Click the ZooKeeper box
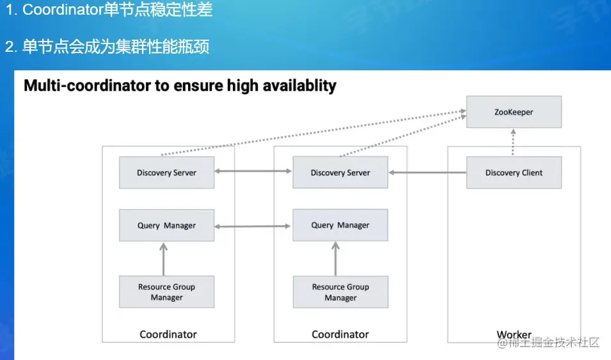[x=514, y=112]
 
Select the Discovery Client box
[x=514, y=173]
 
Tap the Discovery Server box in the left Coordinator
[x=166, y=173]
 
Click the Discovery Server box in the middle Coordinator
[x=340, y=173]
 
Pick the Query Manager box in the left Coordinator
[x=166, y=225]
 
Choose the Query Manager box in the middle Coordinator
[x=340, y=225]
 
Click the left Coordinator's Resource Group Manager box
[x=166, y=292]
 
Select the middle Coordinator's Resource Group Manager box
[x=340, y=292]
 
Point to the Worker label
[x=514, y=334]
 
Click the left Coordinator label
[x=168, y=334]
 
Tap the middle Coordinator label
[x=340, y=334]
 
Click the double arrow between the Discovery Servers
[x=253, y=171]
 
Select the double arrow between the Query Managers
[x=253, y=226]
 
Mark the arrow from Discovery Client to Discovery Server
[x=427, y=173]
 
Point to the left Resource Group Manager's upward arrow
[x=163, y=258]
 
